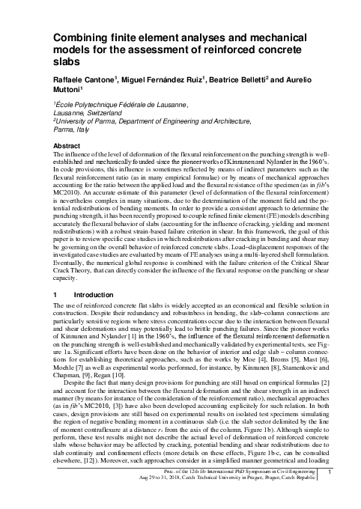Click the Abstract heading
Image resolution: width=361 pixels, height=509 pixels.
[65, 147]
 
